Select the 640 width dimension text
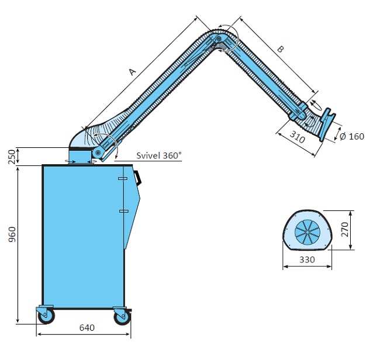tap(87, 328)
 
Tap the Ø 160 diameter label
tap(351, 137)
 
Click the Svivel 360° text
tap(158, 155)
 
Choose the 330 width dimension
tap(308, 259)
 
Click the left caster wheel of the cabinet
tap(44, 316)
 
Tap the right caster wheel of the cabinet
tap(122, 317)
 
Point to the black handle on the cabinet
tap(139, 176)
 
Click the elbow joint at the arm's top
tap(219, 39)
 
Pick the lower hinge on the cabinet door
tap(123, 210)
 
